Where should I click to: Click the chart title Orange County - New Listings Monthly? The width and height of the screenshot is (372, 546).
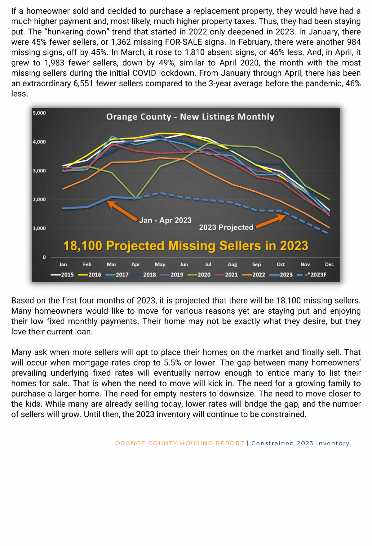[x=190, y=117]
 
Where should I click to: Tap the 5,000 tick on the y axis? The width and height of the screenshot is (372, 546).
[x=39, y=113]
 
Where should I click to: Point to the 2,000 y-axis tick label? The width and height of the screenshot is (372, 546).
[x=39, y=199]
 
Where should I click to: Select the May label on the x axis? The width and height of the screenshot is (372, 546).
[x=160, y=265]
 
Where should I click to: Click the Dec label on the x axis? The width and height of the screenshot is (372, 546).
[x=329, y=265]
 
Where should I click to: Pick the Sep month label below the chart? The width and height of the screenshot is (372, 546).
[x=256, y=265]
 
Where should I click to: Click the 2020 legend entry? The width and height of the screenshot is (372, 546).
[x=199, y=275]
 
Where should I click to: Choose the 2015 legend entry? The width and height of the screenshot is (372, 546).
[x=63, y=275]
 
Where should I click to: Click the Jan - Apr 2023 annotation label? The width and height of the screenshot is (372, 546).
[x=165, y=221]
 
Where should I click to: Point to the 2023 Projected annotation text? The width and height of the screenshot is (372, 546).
[x=226, y=228]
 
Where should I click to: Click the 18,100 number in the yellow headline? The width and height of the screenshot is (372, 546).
[x=82, y=246]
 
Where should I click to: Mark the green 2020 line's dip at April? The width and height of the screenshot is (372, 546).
[x=136, y=197]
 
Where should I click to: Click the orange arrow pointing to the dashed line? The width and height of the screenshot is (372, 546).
[x=270, y=222]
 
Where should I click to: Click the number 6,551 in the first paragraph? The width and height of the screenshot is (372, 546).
[x=83, y=84]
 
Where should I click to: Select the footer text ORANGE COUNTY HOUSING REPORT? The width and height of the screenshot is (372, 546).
[x=179, y=444]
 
